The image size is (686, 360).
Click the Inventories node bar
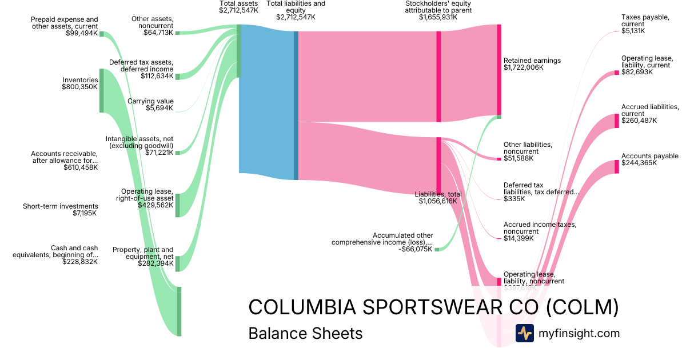coord(102,90)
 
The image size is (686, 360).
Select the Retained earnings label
coord(532,61)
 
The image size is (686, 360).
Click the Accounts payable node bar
coord(617,166)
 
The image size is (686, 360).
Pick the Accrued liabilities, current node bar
coord(617,121)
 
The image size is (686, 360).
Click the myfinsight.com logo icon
coord(524,333)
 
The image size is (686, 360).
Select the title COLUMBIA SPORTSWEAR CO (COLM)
coord(433,307)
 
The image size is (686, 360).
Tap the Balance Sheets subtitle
coord(305,333)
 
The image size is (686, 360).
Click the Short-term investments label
coord(60,206)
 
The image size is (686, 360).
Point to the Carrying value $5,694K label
coord(150,105)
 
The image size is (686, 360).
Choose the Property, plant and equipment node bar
coord(177,263)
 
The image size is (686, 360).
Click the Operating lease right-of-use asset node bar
coord(177,205)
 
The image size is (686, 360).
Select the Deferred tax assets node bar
coord(177,77)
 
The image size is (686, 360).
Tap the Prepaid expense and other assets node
coord(102,34)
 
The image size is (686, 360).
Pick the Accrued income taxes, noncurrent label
coord(540,228)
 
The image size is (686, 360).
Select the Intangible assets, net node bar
coord(177,153)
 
